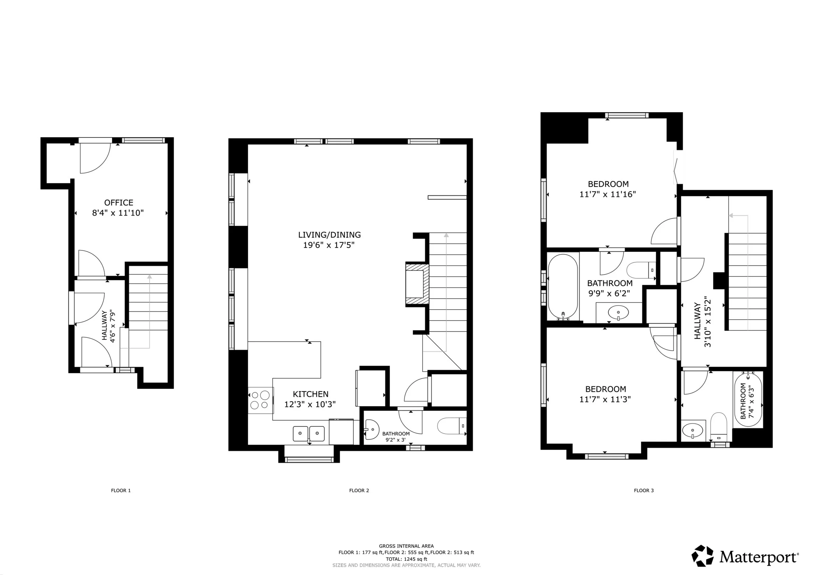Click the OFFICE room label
tap(119, 203)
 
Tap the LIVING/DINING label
tap(329, 235)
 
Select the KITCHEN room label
tap(311, 394)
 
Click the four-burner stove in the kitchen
tap(260, 401)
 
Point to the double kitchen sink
tap(309, 434)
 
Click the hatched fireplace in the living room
tap(417, 283)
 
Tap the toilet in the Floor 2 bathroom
tap(452, 426)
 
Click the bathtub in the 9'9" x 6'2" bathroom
tap(563, 287)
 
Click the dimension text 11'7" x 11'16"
tap(608, 194)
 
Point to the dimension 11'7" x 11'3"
tap(605, 399)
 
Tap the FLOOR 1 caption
tap(121, 490)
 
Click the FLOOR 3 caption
tap(644, 490)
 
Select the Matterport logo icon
tap(703, 555)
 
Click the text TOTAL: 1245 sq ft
tap(406, 559)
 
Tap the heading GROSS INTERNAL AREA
tap(406, 546)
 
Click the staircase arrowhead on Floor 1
tap(149, 277)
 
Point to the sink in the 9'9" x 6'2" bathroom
tap(618, 312)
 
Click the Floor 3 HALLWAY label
tap(697, 321)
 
